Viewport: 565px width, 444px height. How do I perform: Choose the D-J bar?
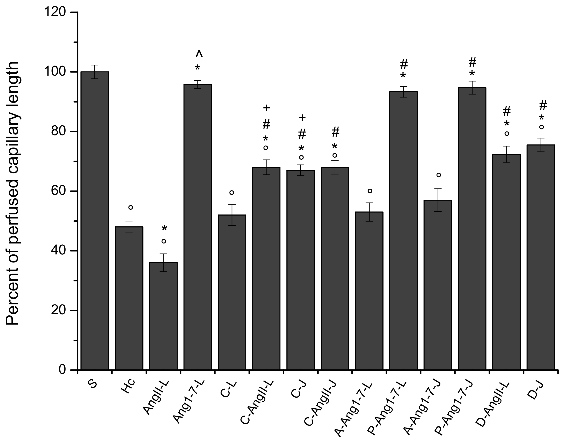coord(541,257)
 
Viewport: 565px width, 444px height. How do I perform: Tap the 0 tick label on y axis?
coord(62,370)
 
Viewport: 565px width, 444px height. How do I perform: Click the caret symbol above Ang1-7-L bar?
coord(199,54)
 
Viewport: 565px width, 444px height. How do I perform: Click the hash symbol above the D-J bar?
coord(543,105)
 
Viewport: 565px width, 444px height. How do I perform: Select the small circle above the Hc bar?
coord(131,207)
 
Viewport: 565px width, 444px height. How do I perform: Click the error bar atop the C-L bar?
coord(232,215)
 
